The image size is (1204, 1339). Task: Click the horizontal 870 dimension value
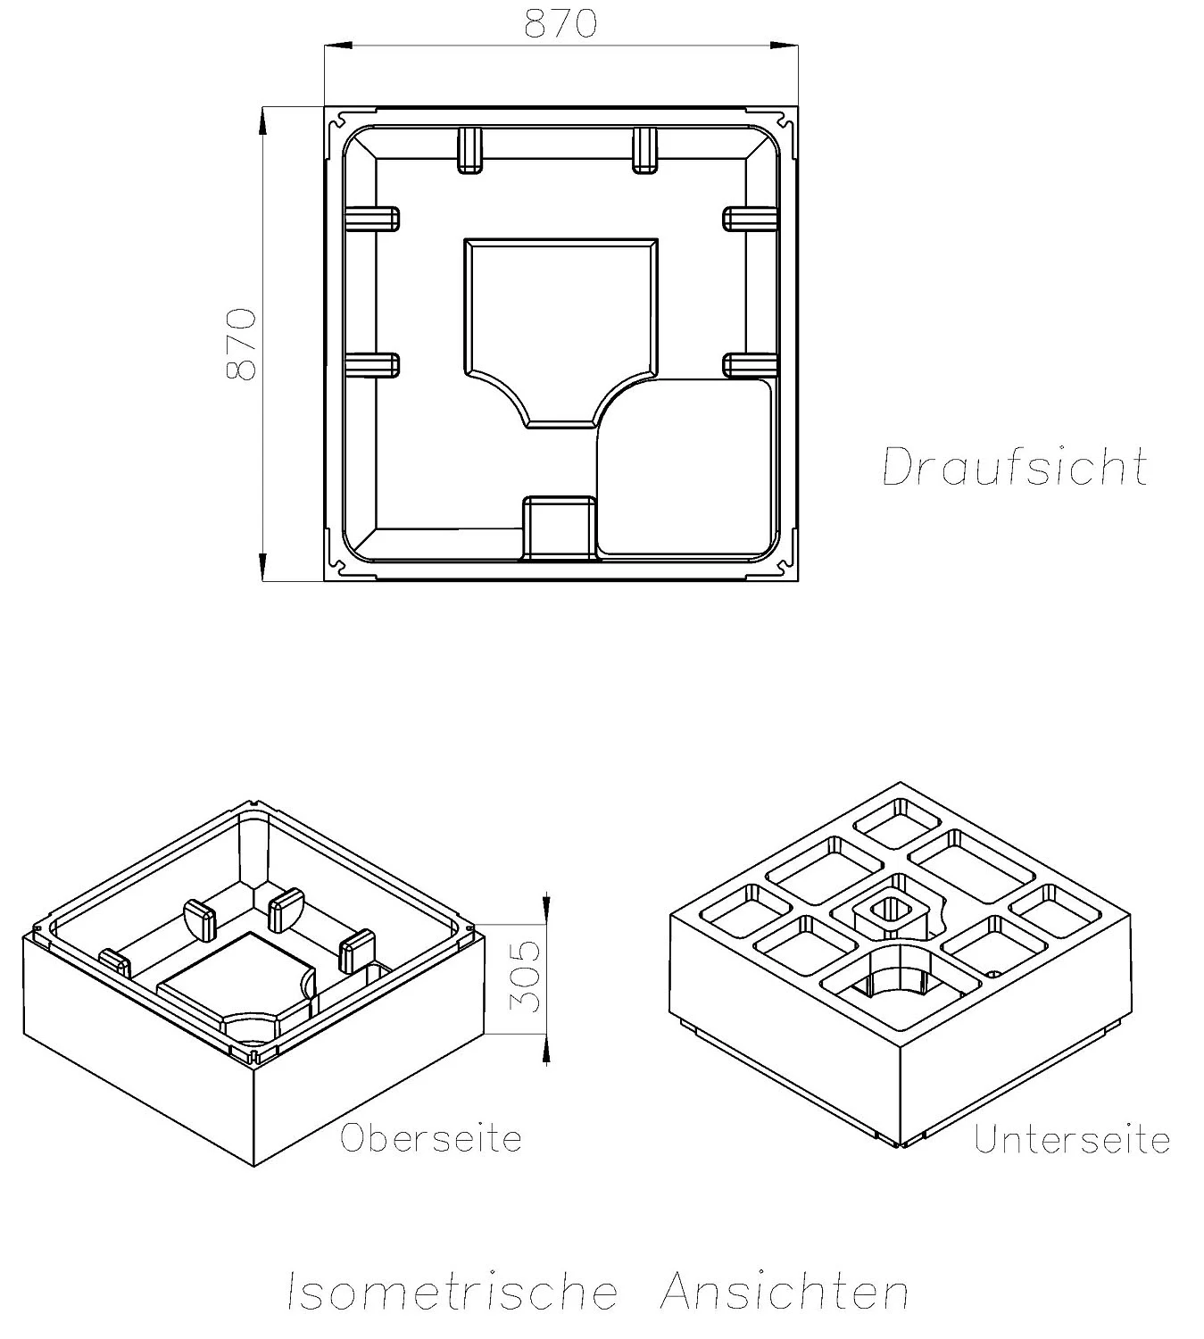560,24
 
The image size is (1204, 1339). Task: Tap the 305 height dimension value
528,976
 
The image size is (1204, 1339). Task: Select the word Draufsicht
1015,466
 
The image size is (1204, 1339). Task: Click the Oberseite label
430,1138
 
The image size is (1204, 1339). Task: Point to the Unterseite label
1072,1140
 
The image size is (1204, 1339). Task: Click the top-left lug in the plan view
469,149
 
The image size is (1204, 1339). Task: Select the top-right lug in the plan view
644,149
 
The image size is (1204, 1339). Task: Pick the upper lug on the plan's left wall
372,219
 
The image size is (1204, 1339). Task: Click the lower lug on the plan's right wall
747,364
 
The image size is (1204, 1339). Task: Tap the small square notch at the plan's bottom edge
559,527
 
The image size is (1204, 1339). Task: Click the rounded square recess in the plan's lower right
685,467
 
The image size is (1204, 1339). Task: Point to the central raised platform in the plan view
560,321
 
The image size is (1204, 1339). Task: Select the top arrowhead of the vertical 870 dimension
262,121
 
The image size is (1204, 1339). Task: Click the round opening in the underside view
893,981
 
